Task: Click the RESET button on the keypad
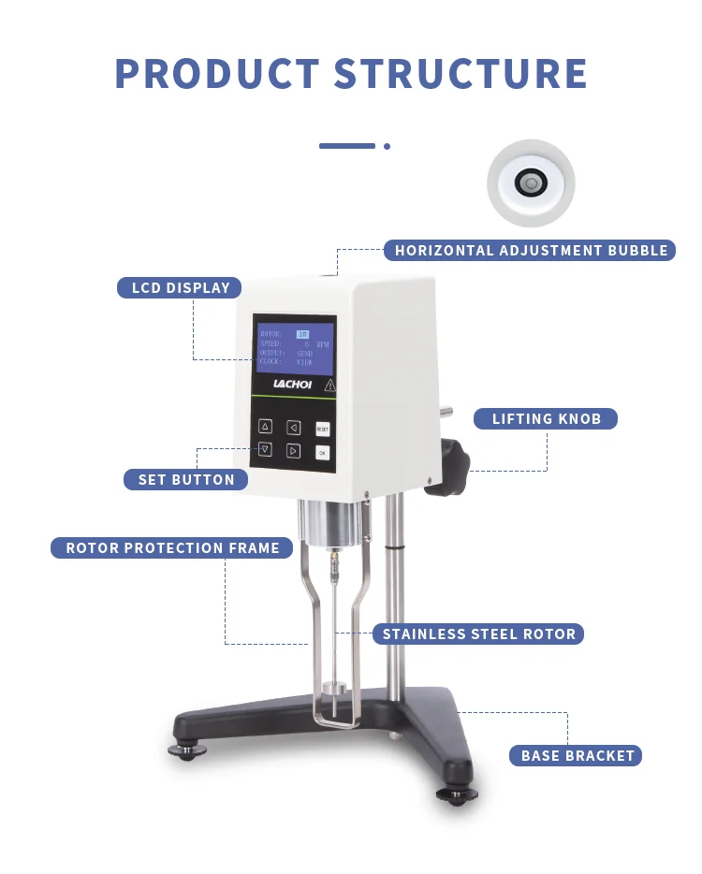pos(322,429)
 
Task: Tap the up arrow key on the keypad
pos(265,427)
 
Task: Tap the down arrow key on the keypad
pos(265,450)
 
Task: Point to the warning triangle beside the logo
pos(329,385)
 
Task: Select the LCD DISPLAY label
pos(180,288)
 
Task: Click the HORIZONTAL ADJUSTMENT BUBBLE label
pos(530,250)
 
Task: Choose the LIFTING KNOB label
pos(546,418)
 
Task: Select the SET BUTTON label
pos(186,480)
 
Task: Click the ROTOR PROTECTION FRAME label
pos(172,548)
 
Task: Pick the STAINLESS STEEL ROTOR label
pos(478,634)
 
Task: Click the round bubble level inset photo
pos(531,183)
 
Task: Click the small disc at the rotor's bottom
pos(334,692)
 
